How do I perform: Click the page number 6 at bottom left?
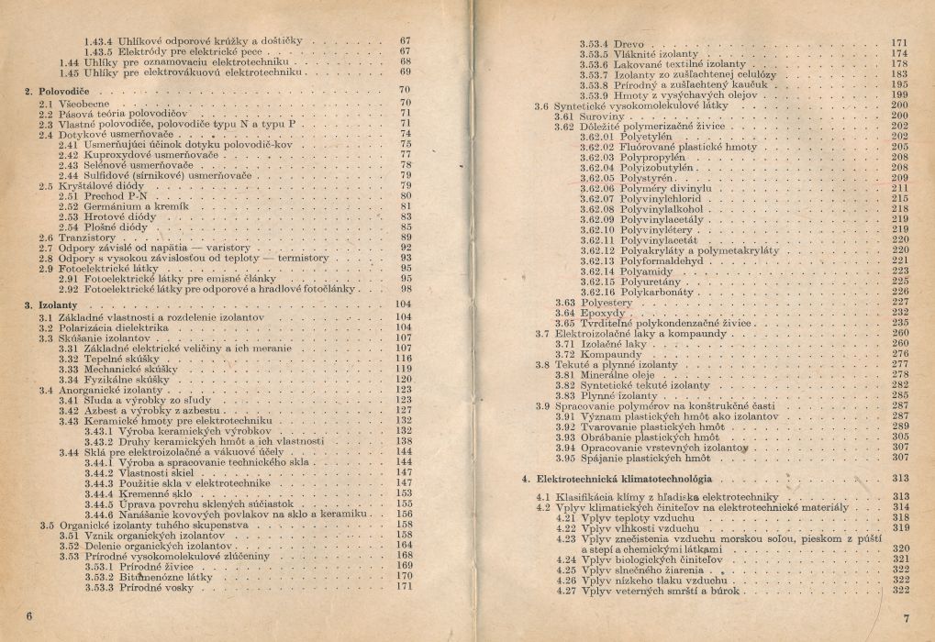pos(29,616)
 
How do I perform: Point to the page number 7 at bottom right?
pos(905,617)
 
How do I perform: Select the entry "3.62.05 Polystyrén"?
pos(623,177)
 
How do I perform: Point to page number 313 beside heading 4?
pos(899,479)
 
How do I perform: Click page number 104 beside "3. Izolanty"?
pos(401,304)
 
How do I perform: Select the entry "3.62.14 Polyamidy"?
pos(624,271)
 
